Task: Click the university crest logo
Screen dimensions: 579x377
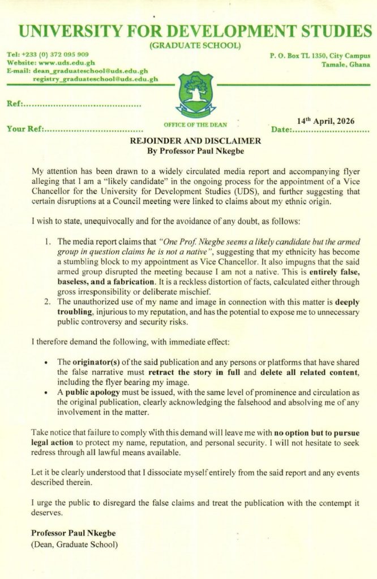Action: coord(196,94)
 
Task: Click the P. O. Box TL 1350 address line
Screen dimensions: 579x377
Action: coord(320,56)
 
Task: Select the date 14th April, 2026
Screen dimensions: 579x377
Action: coord(325,120)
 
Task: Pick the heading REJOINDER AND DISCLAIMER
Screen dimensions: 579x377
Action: coord(195,141)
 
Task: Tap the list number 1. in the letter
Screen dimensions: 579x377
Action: coord(49,241)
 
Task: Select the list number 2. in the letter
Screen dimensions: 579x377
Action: coord(49,303)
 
